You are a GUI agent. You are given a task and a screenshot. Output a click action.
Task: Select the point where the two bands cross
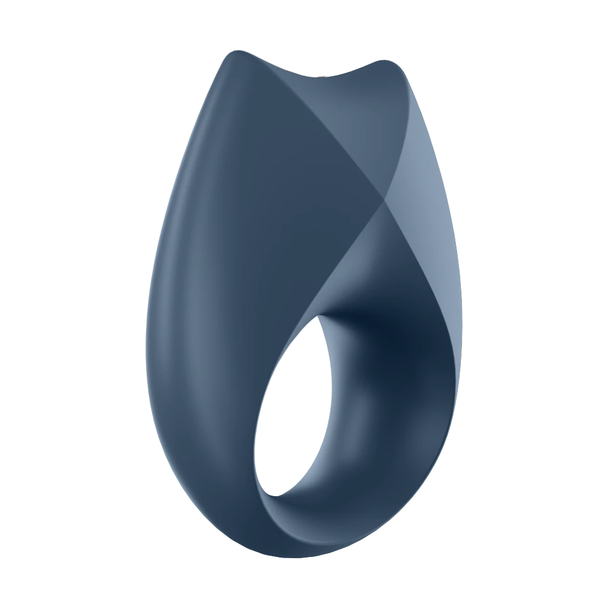[x=383, y=198]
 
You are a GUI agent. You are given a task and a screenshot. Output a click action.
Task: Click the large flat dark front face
[x=255, y=231]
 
